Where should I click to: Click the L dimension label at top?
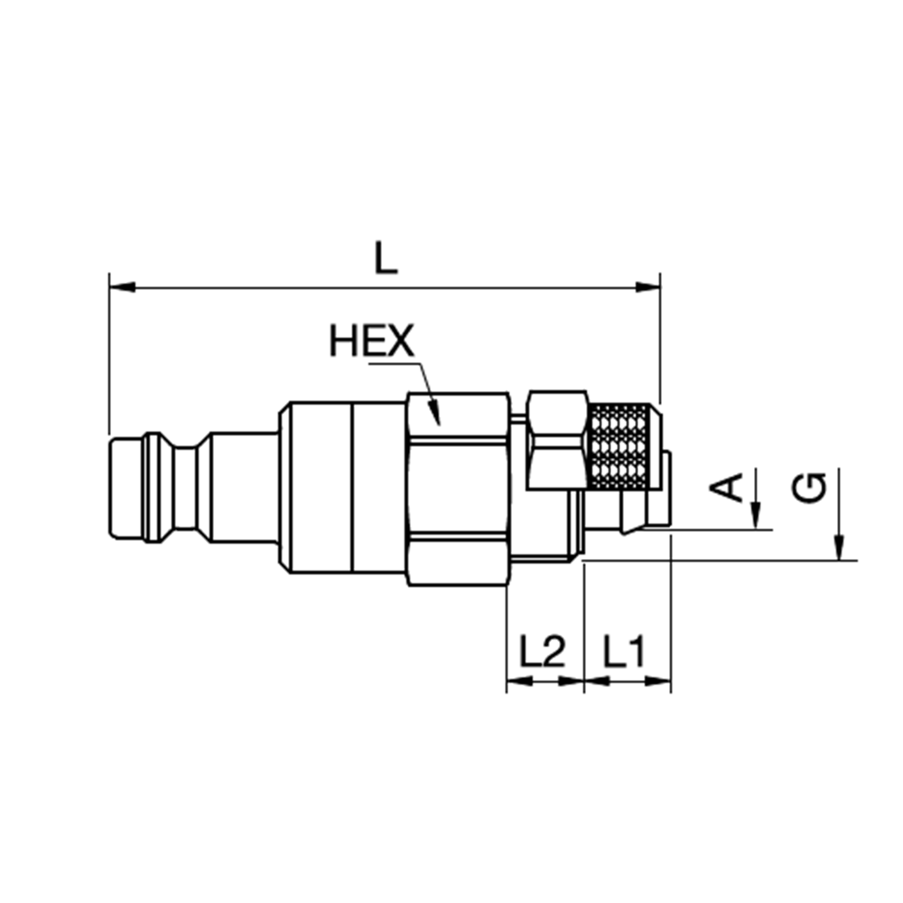coord(386,258)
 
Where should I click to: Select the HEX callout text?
coord(371,340)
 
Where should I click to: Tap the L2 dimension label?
coord(543,651)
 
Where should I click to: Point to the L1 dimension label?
coord(624,651)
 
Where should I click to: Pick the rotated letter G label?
coord(808,488)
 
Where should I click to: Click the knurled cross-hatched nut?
coord(624,447)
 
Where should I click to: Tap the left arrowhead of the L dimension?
coord(122,287)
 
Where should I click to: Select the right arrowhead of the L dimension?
coord(647,287)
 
